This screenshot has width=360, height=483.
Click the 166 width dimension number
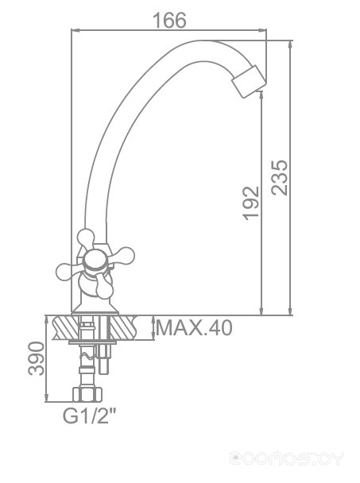point(169,21)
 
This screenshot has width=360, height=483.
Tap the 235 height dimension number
point(280,177)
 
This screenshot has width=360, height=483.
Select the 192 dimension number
point(250,203)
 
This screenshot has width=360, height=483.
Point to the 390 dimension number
point(37,358)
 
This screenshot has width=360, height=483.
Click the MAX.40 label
point(194,328)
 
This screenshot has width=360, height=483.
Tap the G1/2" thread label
point(90,415)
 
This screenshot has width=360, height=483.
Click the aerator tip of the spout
point(249,81)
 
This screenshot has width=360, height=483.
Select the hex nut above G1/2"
point(87,395)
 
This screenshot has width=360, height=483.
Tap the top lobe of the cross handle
point(86,238)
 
